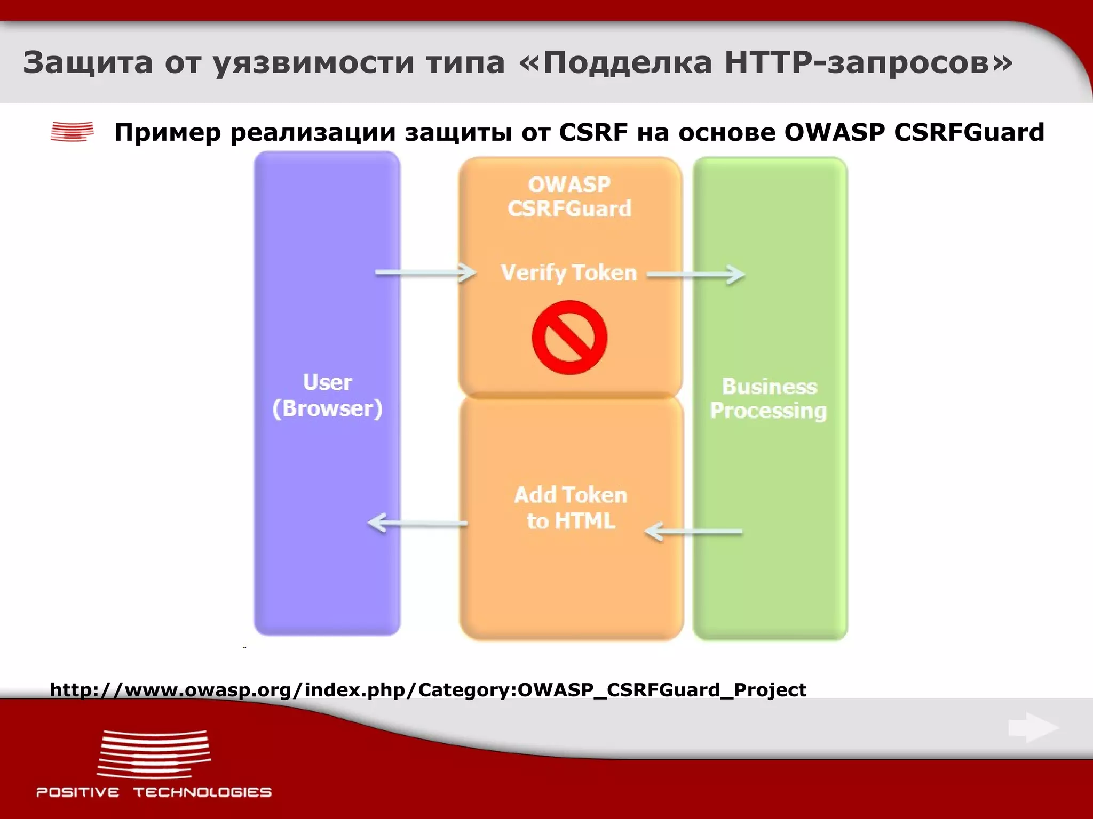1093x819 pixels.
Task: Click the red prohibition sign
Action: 569,337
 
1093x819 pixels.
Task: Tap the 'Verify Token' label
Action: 569,273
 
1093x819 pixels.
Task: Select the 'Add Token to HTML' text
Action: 571,508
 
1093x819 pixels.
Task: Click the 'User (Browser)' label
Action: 327,395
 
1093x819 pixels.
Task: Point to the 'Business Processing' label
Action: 769,398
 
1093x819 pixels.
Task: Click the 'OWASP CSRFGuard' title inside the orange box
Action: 569,196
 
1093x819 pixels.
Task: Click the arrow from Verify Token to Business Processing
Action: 696,275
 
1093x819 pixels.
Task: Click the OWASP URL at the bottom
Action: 428,690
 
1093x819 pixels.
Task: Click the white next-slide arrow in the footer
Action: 1033,727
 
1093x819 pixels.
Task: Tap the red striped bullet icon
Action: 72,132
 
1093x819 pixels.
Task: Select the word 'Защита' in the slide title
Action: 88,62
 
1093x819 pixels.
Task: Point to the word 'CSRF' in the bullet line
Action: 593,132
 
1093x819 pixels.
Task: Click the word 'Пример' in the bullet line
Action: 168,133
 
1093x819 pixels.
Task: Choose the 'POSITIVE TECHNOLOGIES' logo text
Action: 154,792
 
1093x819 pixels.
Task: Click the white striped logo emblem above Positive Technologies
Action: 154,754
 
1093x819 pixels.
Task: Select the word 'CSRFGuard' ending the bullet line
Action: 969,132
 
